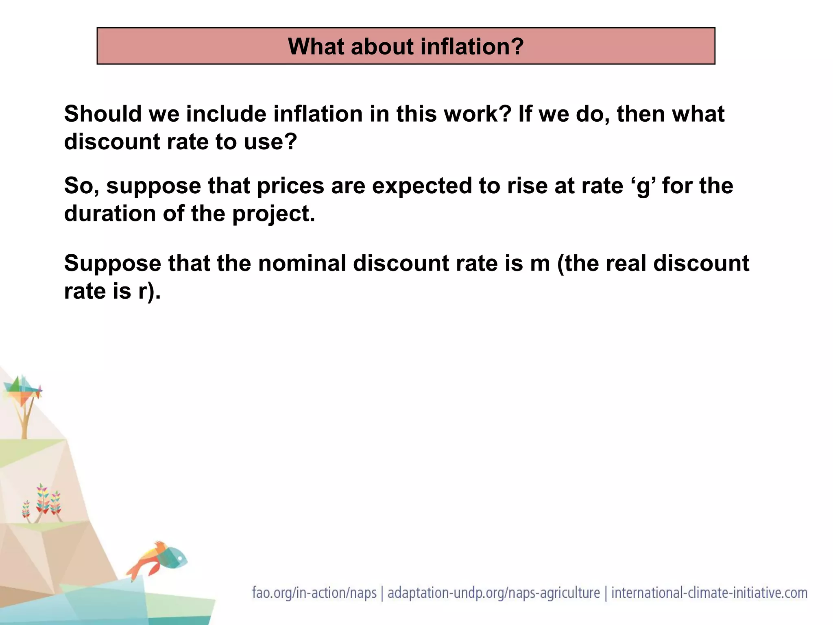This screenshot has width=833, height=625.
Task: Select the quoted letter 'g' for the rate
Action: point(644,186)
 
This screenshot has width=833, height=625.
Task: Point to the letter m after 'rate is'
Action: point(540,263)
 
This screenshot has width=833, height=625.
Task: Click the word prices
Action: point(290,186)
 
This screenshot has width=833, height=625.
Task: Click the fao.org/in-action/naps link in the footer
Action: point(314,593)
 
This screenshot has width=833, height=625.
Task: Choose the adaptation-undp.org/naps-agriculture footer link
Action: point(493,593)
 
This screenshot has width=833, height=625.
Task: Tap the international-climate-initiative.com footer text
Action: point(709,593)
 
